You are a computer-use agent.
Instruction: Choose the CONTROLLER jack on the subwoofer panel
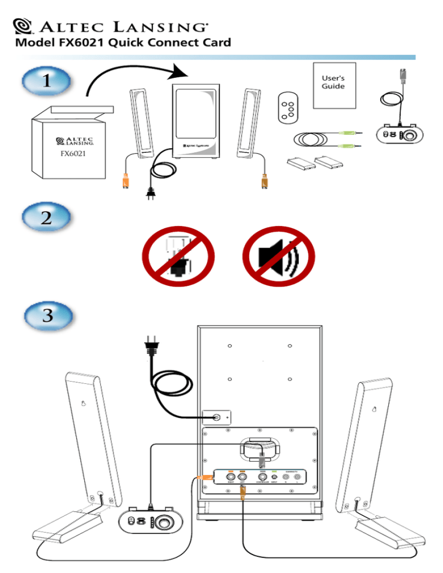point(263,477)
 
